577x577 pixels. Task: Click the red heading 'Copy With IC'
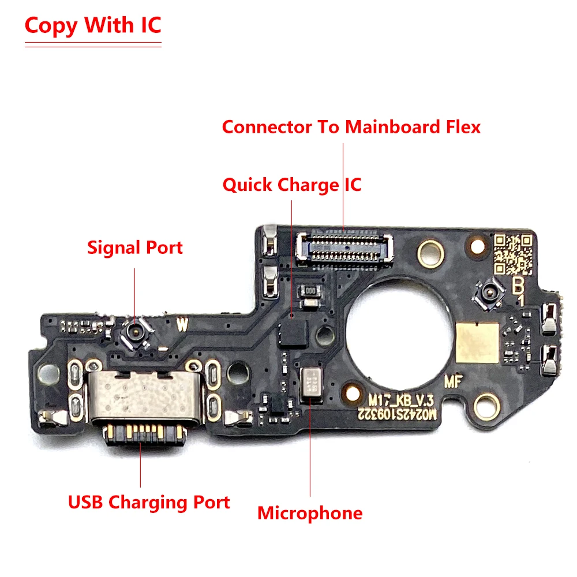coord(93,26)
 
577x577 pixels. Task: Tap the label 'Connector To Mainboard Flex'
coord(351,127)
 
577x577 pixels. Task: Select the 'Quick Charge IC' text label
coord(292,185)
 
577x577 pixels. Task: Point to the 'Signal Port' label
coord(135,248)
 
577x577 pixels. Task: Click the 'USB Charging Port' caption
coord(149,502)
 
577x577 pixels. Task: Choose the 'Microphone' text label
coord(310,512)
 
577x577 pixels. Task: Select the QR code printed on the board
coord(512,254)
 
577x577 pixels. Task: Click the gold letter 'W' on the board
coord(182,325)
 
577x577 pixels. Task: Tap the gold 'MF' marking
coord(453,382)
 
